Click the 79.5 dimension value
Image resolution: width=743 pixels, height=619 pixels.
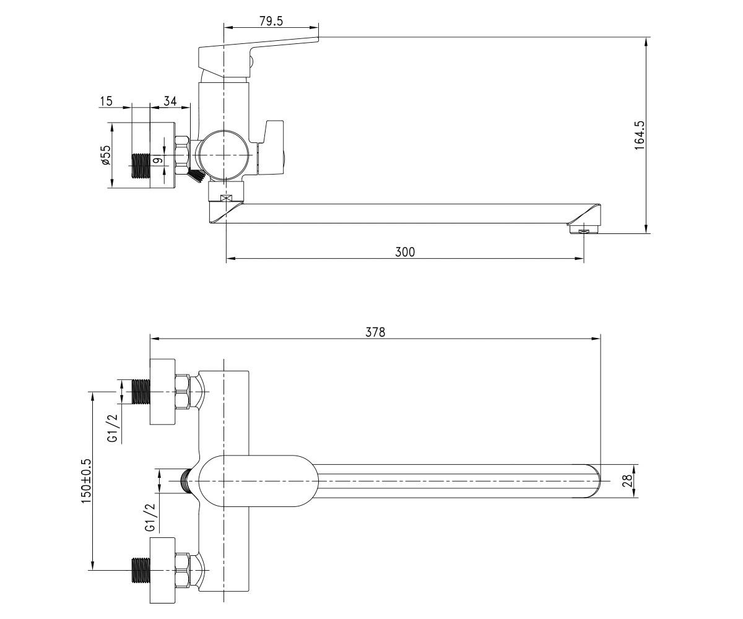point(271,21)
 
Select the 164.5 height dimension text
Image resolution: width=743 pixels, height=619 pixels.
point(640,135)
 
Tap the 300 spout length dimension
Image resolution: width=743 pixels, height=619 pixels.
point(405,252)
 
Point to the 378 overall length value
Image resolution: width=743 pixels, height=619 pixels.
point(375,332)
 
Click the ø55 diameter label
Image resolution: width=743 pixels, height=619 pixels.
point(106,155)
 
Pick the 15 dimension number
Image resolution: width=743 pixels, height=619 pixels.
point(106,101)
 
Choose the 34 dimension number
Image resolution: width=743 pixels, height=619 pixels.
point(170,101)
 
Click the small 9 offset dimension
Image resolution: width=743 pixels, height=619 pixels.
point(159,160)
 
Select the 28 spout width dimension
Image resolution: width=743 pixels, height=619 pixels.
point(628,480)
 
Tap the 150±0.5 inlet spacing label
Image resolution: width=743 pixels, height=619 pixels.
point(87,480)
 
